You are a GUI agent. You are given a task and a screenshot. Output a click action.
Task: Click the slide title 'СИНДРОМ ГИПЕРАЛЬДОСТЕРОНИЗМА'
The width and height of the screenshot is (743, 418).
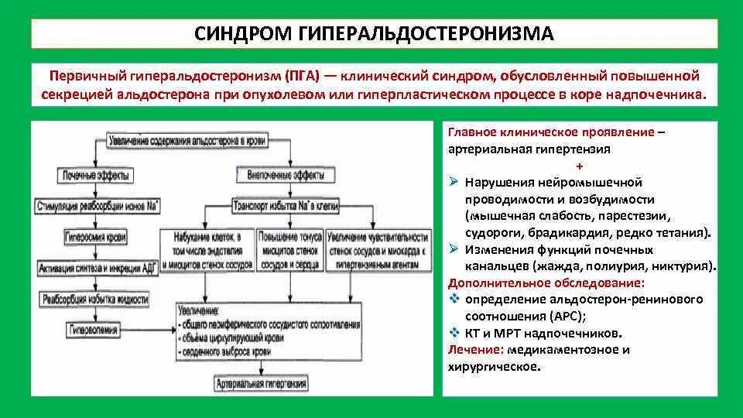click(374, 33)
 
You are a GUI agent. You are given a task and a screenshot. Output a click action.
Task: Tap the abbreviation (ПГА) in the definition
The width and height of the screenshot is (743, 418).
click(303, 77)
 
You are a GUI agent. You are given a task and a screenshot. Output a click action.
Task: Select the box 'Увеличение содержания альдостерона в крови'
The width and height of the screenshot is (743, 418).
click(187, 141)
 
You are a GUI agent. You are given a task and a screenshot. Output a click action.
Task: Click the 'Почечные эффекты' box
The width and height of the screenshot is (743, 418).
click(94, 176)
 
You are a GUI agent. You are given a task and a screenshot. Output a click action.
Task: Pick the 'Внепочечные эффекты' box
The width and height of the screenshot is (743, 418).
click(286, 176)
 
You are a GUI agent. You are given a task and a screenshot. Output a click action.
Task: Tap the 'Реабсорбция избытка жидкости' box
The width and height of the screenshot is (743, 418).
click(96, 299)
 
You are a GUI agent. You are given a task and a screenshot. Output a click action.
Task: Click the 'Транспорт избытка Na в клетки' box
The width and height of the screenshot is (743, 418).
click(286, 207)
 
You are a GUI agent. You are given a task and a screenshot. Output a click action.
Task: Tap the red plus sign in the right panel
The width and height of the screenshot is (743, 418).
click(580, 166)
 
